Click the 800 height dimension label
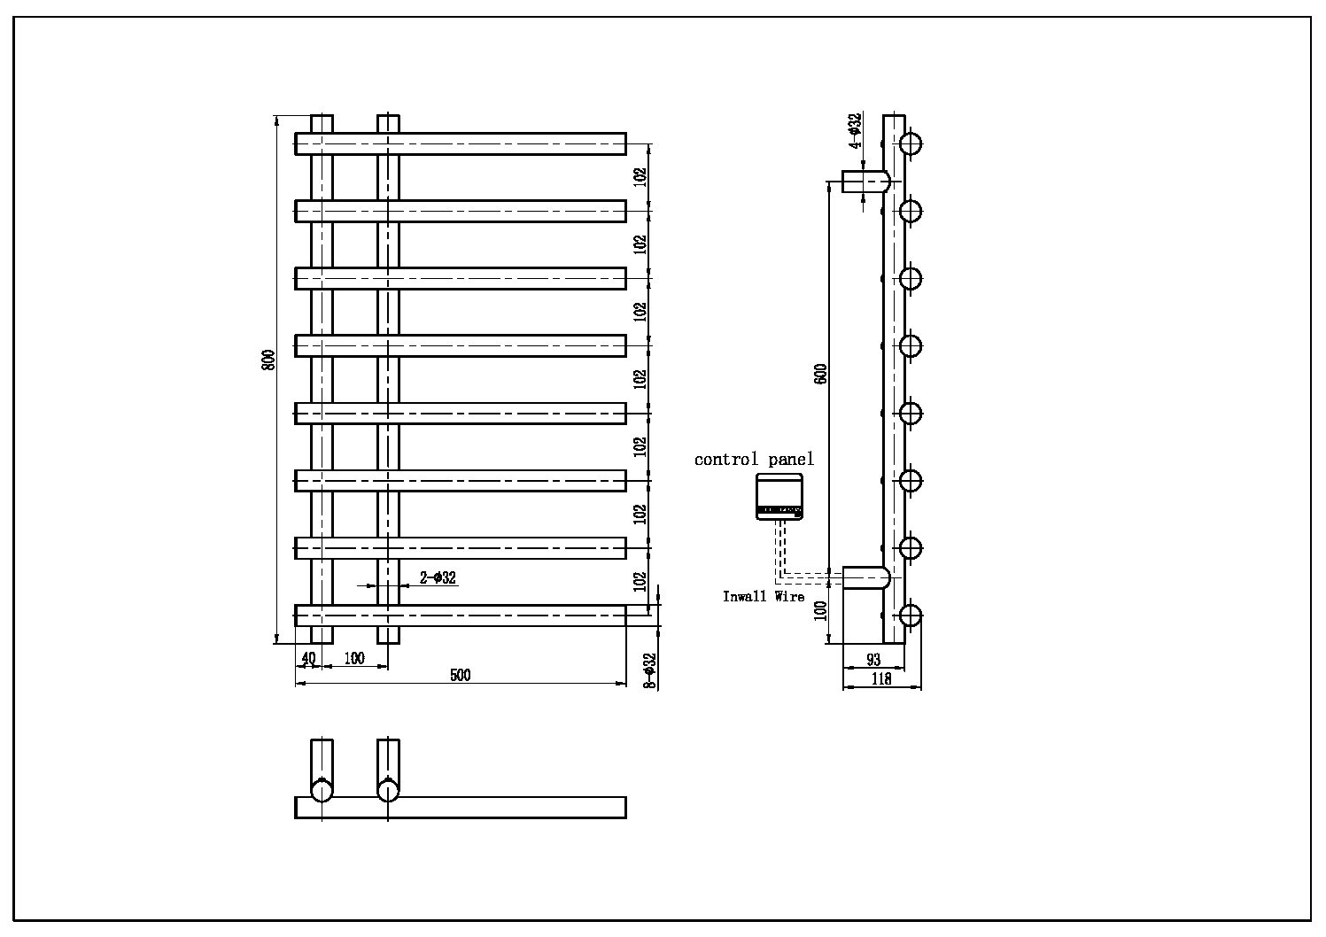(x=269, y=360)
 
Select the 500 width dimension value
(x=461, y=675)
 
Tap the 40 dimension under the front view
(x=308, y=658)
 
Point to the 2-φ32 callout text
(x=438, y=577)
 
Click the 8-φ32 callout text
(x=649, y=670)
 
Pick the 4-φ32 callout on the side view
(x=854, y=130)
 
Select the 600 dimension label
(x=821, y=373)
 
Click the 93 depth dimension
(x=873, y=659)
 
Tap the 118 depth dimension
(x=881, y=679)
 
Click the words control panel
(x=754, y=459)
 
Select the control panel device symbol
(x=779, y=496)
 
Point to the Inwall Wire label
(x=764, y=597)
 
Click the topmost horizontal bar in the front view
(x=461, y=143)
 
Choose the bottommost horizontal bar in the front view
(x=461, y=616)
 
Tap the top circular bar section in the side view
(x=911, y=143)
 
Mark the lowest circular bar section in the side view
(x=911, y=616)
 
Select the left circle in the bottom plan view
(x=322, y=789)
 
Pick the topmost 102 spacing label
(x=640, y=176)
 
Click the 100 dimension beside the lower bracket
(x=821, y=610)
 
